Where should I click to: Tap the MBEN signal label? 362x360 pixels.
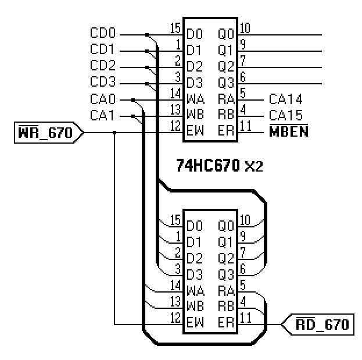click(x=288, y=133)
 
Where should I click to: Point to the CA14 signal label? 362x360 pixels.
click(x=285, y=99)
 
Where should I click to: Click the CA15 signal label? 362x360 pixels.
click(x=285, y=116)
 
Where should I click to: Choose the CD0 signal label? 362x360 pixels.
click(x=103, y=34)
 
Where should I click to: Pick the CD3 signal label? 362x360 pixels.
click(x=103, y=83)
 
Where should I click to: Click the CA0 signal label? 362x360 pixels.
click(x=103, y=99)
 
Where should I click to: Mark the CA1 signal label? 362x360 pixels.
click(x=103, y=116)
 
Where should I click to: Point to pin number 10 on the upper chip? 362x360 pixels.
click(x=245, y=28)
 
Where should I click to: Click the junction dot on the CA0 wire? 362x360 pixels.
click(x=133, y=99)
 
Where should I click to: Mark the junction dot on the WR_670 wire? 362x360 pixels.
click(x=114, y=133)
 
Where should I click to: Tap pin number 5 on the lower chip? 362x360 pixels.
click(x=243, y=285)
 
